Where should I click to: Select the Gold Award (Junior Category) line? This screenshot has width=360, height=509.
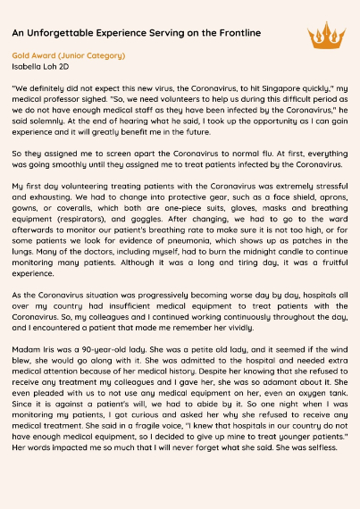pos(69,55)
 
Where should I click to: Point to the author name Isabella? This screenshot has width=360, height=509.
pos(29,66)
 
